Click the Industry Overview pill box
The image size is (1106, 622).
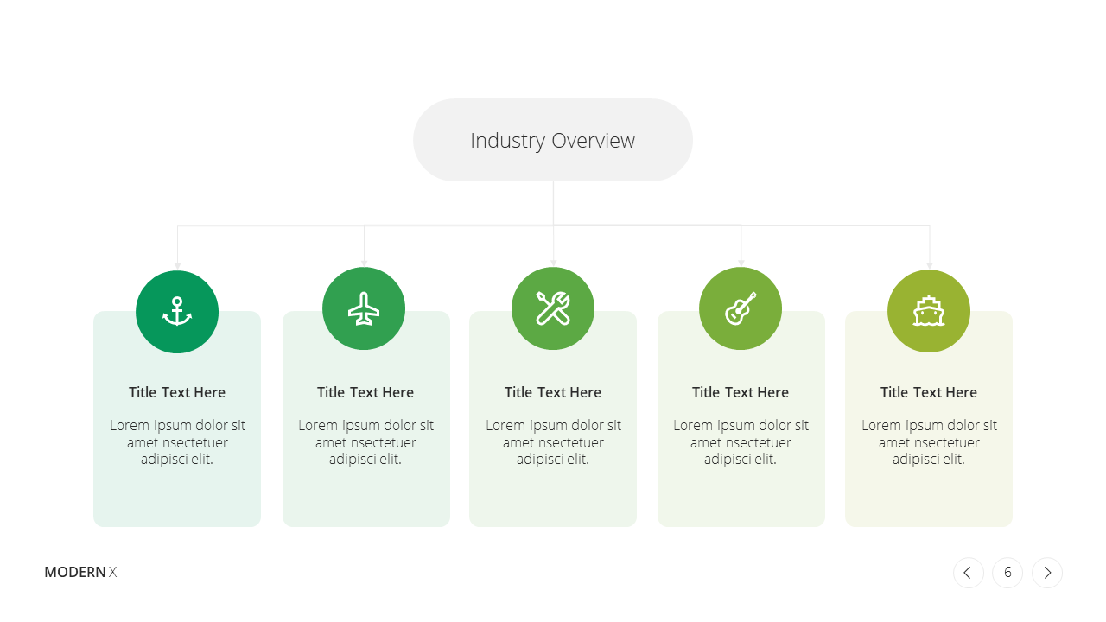pyautogui.click(x=552, y=140)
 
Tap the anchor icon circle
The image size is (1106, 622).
pyautogui.click(x=177, y=312)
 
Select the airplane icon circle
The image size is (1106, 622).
pyautogui.click(x=364, y=308)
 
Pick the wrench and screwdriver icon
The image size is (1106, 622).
pyautogui.click(x=553, y=308)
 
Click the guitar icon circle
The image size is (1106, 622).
pyautogui.click(x=741, y=308)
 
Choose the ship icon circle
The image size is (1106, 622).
pyautogui.click(x=929, y=311)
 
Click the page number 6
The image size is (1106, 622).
pyautogui.click(x=1007, y=573)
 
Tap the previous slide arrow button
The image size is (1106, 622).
pyautogui.click(x=969, y=573)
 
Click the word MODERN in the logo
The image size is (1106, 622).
pyautogui.click(x=75, y=572)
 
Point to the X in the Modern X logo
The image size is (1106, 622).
pyautogui.click(x=112, y=572)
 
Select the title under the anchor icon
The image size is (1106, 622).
pyautogui.click(x=177, y=392)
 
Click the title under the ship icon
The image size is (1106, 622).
pyautogui.click(x=929, y=392)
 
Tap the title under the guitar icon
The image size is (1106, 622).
pyautogui.click(x=741, y=392)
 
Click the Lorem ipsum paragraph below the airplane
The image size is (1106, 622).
pyautogui.click(x=365, y=442)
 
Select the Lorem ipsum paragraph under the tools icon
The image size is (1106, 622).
pyautogui.click(x=553, y=442)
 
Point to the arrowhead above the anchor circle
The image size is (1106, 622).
pyautogui.click(x=178, y=266)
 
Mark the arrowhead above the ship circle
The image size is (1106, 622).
pyautogui.click(x=930, y=265)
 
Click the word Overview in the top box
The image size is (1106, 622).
pyautogui.click(x=593, y=141)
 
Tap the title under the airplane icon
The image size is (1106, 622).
pyautogui.click(x=365, y=392)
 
